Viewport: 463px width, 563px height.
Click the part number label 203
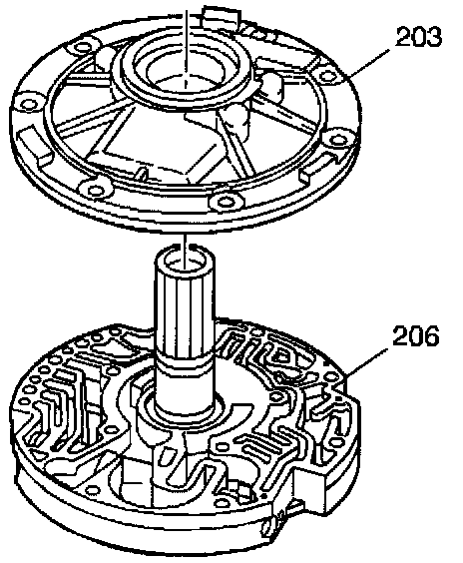[x=418, y=37]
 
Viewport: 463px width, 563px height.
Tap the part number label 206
[x=416, y=336]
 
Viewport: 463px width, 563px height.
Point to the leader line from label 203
[x=369, y=63]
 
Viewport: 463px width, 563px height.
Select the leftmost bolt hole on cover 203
[x=29, y=104]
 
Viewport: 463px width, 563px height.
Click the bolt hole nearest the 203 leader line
[x=327, y=76]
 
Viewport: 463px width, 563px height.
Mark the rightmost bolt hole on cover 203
[x=338, y=140]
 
